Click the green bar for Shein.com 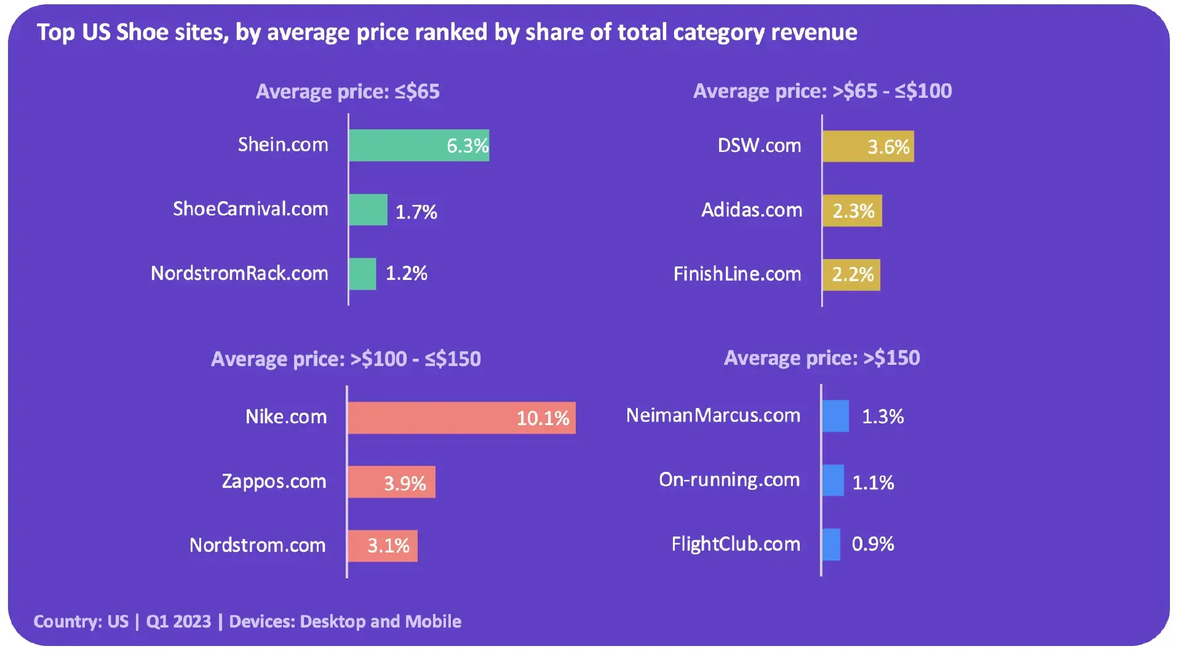(419, 145)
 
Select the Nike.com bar (461, 418)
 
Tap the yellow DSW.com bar (868, 146)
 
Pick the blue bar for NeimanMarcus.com (835, 416)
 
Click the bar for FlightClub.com (831, 544)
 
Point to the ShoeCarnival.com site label (250, 209)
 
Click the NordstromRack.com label (239, 273)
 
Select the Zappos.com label (274, 481)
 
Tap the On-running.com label (730, 479)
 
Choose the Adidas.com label (752, 210)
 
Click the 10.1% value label (543, 418)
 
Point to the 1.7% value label (416, 212)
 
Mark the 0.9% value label (873, 544)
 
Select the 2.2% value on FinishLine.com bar (853, 274)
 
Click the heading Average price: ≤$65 (348, 92)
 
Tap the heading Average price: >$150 (822, 358)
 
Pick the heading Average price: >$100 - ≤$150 (346, 359)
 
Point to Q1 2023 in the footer (178, 621)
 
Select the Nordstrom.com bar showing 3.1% (383, 546)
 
